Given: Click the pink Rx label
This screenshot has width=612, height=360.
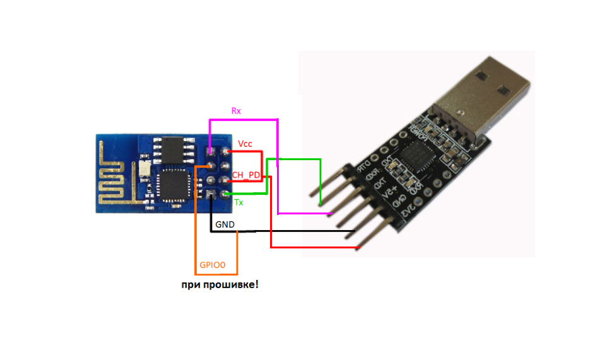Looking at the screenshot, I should pos(236,111).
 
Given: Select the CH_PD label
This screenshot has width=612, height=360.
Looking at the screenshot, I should pos(246,174).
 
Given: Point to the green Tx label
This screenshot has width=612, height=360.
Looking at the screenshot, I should pos(238,202).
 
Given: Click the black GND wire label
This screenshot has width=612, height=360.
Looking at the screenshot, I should pos(225,224).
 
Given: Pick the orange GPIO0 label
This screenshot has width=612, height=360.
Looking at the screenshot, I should pos(213,265).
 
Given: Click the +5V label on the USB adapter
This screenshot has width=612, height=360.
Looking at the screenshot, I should pos(392,190).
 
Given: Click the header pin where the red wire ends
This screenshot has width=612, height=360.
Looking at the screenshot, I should pos(358,247).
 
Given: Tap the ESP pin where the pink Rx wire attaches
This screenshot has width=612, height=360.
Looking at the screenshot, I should pos(210,152).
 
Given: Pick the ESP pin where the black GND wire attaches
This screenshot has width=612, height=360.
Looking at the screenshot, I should pos(210,196).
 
